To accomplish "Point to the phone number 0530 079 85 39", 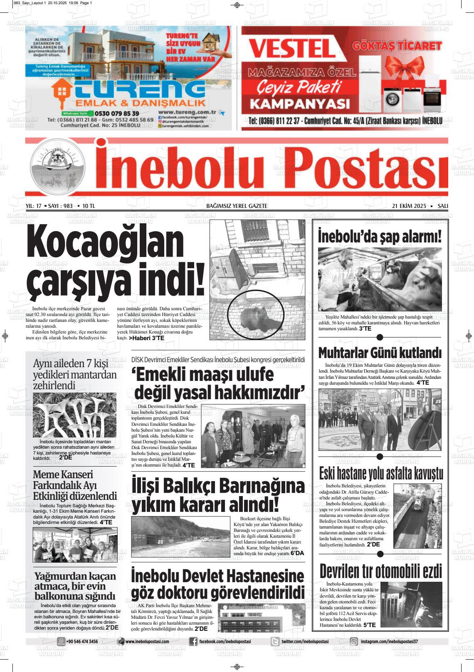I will click(x=117, y=113).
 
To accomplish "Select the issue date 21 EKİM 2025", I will click(x=409, y=206).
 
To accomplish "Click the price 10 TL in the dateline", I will click(x=89, y=206).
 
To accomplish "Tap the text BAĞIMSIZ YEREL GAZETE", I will click(x=237, y=206).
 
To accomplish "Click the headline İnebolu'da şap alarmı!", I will click(x=380, y=237).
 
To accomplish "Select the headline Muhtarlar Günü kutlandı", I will click(x=380, y=353).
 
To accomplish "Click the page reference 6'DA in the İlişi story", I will click(x=297, y=553).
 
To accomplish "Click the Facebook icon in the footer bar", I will click(x=193, y=642).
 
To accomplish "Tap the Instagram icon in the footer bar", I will click(x=354, y=642).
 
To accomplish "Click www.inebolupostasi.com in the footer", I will click(x=147, y=642).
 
